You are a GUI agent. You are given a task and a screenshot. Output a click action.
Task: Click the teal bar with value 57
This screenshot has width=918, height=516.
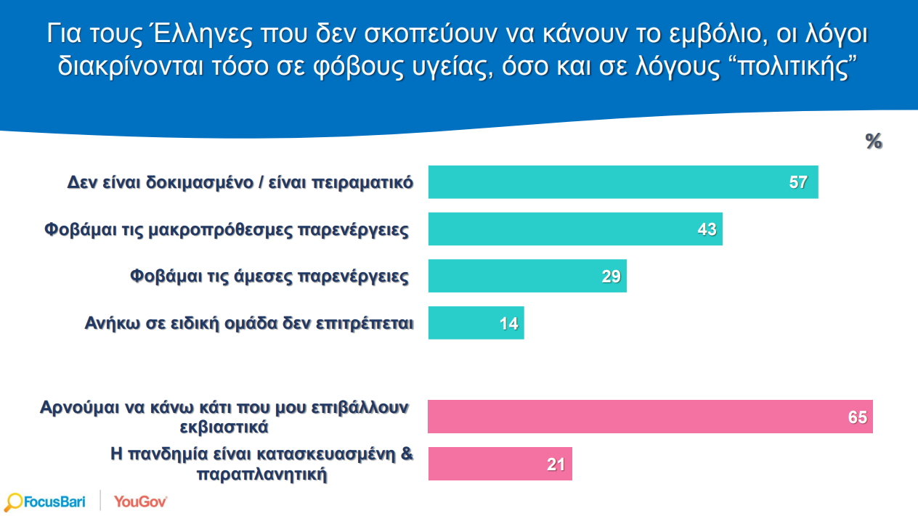coord(622,182)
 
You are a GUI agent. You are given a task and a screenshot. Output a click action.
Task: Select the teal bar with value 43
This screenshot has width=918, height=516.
coord(574,229)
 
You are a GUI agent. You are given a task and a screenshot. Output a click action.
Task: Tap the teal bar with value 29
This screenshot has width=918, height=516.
coord(527,277)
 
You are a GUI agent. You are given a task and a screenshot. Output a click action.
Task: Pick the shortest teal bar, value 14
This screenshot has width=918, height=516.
coord(475,323)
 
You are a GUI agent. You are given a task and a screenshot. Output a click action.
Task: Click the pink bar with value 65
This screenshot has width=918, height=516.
coord(650,417)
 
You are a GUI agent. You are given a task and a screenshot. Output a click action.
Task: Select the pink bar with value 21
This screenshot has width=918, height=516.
coord(500,464)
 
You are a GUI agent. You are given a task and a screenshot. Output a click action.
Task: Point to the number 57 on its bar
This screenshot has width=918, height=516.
coord(798,182)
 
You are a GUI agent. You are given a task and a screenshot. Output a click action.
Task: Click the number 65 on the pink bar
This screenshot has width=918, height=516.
coord(857,417)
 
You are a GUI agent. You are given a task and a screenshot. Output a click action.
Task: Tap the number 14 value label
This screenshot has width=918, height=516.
coord(508,324)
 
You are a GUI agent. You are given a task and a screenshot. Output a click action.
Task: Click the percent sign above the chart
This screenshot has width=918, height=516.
coord(874,142)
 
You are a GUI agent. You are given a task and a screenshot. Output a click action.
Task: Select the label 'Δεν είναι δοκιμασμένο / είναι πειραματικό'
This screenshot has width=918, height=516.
coord(240,181)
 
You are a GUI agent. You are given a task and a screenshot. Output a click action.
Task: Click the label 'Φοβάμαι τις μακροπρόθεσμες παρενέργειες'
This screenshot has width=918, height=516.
coord(227,230)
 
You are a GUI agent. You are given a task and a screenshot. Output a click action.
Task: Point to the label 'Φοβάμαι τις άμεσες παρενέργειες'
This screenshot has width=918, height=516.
coord(269,277)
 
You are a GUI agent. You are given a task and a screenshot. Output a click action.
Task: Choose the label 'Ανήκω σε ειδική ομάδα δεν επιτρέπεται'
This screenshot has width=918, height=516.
coord(249,323)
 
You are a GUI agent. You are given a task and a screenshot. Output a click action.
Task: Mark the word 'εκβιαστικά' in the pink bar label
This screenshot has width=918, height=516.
coord(225,427)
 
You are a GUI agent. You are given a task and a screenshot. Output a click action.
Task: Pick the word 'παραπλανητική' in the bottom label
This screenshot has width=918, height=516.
coord(262,475)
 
